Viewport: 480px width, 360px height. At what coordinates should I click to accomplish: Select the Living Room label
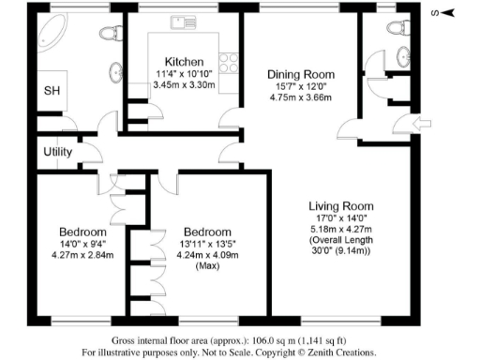point(341,206)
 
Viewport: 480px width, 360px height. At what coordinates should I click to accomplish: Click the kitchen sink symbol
point(178,21)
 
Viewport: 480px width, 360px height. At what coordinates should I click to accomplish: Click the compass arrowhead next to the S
point(447,12)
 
